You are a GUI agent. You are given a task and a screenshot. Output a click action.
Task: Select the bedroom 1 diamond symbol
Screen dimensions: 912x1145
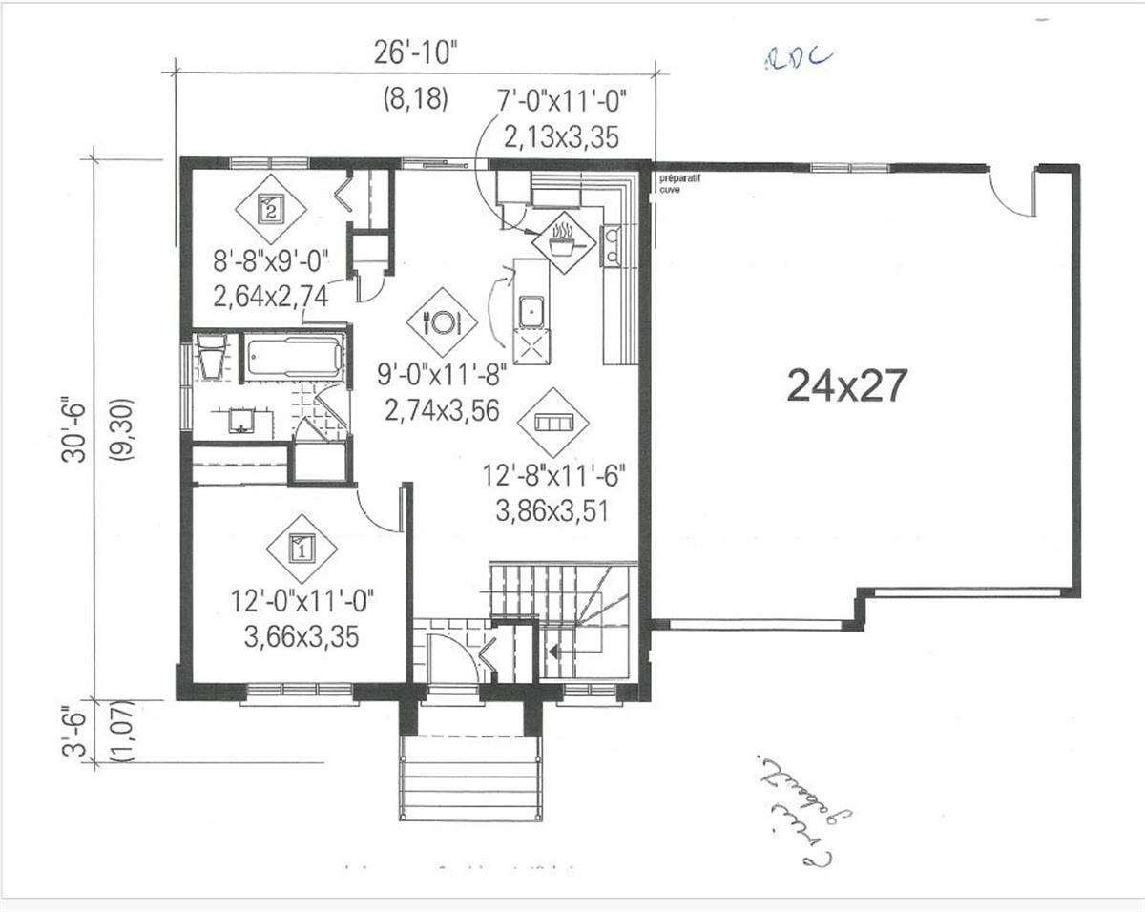[x=301, y=549]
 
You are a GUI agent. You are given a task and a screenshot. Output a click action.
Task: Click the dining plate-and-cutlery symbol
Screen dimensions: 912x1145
[x=441, y=321]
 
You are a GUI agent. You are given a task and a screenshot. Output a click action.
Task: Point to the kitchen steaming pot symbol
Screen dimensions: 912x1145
[x=565, y=241]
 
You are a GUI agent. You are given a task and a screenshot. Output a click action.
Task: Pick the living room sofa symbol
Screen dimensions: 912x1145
[x=553, y=422]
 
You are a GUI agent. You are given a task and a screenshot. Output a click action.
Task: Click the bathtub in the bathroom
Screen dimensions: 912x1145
[x=293, y=358]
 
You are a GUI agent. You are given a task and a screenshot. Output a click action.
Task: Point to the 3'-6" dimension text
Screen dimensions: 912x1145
[x=74, y=733]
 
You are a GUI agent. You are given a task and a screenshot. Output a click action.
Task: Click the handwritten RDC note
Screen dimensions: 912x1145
[x=798, y=59]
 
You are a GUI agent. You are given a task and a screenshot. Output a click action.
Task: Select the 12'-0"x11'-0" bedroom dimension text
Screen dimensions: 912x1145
[x=301, y=602]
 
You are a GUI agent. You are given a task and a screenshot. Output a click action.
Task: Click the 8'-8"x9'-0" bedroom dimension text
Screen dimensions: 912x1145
[x=270, y=260]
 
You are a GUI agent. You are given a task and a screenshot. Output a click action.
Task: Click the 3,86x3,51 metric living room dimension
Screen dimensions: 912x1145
[x=552, y=511]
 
